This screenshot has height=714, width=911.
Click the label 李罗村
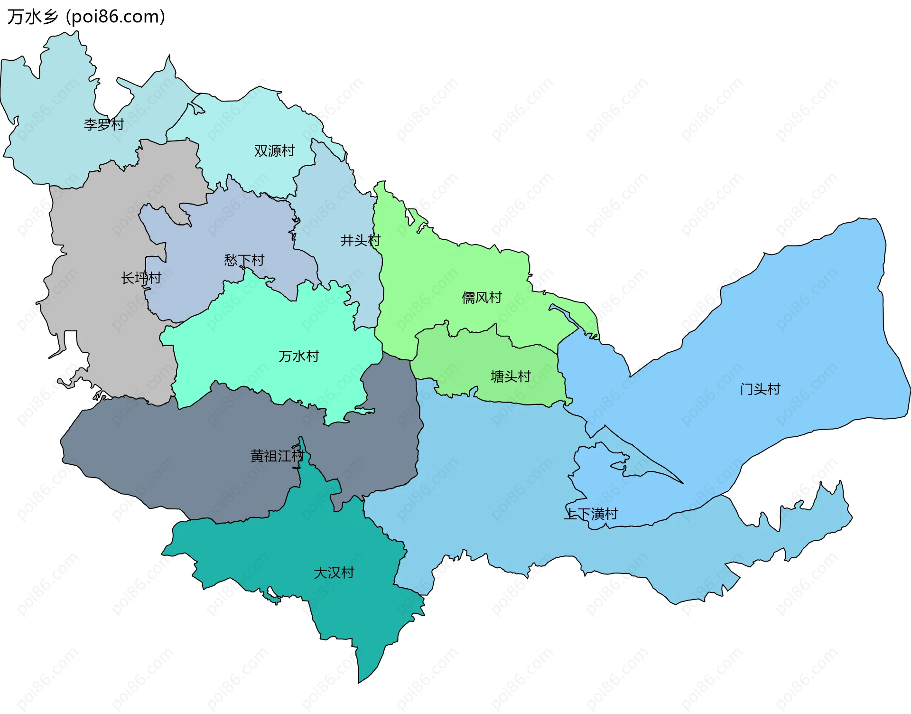pyautogui.click(x=104, y=124)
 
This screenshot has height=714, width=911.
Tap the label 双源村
pyautogui.click(x=274, y=151)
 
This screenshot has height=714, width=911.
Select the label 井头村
pyautogui.click(x=360, y=241)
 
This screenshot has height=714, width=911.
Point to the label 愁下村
pyautogui.click(x=244, y=260)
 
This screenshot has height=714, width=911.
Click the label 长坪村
pyautogui.click(x=141, y=278)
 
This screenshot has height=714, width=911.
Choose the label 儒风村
pyautogui.click(x=482, y=298)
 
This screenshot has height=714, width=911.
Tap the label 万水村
pyautogui.click(x=299, y=356)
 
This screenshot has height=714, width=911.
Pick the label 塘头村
pyautogui.click(x=511, y=376)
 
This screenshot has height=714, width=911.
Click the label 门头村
pyautogui.click(x=760, y=389)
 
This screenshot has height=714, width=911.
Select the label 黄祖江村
pyautogui.click(x=277, y=456)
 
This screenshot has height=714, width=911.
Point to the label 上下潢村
pyautogui.click(x=591, y=514)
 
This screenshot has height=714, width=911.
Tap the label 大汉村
pyautogui.click(x=334, y=573)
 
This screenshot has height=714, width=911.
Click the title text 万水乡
pyautogui.click(x=32, y=17)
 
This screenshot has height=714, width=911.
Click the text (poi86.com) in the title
pyautogui.click(x=115, y=17)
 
